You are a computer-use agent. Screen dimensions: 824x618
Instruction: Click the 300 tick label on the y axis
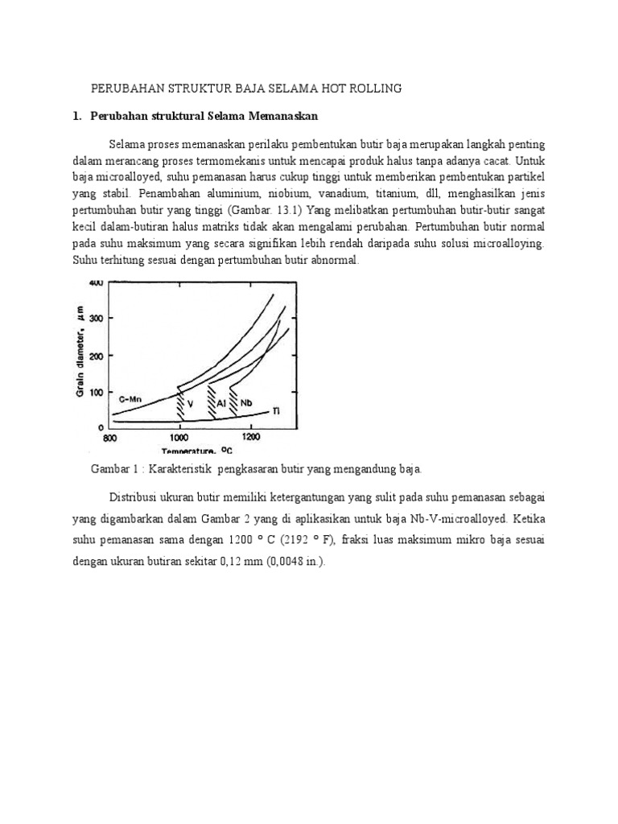pyautogui.click(x=97, y=319)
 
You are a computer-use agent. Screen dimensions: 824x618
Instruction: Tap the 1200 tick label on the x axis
pyautogui.click(x=251, y=438)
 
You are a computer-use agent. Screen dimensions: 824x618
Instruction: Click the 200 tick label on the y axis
pyautogui.click(x=97, y=356)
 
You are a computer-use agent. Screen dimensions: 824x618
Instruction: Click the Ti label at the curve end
pyautogui.click(x=276, y=411)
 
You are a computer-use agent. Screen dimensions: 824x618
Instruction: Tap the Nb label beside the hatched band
pyautogui.click(x=247, y=402)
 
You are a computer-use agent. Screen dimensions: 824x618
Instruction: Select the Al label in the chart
pyautogui.click(x=220, y=403)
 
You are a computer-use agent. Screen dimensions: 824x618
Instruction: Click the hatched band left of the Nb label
pyautogui.click(x=233, y=398)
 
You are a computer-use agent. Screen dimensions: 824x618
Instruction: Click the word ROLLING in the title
pyautogui.click(x=373, y=88)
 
